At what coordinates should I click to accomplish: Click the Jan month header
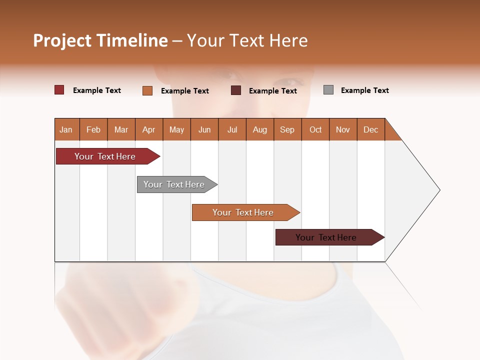(x=66, y=129)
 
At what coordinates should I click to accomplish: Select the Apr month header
(x=148, y=129)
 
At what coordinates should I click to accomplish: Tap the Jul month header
(x=232, y=129)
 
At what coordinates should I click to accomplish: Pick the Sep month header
(x=287, y=129)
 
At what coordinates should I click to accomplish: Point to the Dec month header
(x=370, y=129)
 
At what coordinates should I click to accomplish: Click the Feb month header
(x=93, y=129)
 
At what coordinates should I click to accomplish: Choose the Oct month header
(x=315, y=129)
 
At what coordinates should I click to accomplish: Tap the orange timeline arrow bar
(x=243, y=212)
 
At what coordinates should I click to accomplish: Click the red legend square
(x=59, y=90)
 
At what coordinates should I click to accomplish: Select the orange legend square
(x=147, y=90)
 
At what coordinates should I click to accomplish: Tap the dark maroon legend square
(x=236, y=90)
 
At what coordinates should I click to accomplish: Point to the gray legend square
(x=328, y=90)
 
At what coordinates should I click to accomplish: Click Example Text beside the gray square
(x=364, y=90)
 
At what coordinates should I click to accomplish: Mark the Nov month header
(x=343, y=129)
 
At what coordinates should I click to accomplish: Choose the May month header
(x=176, y=129)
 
